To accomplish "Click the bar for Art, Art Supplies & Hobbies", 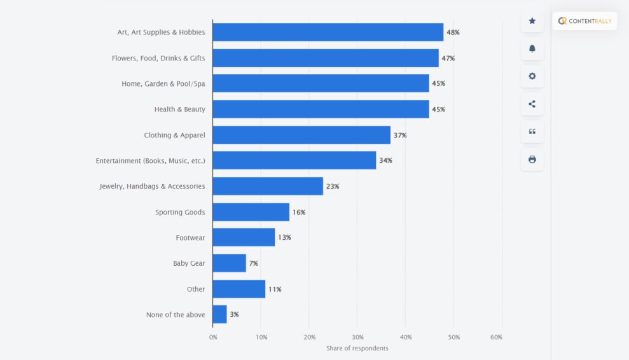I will point(328,32).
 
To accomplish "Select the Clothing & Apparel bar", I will point(301,135).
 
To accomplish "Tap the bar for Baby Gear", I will point(229,263).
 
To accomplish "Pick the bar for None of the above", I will point(219,314).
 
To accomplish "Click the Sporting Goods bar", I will point(251,212).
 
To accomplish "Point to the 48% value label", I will point(453,32).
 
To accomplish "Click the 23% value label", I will point(333,186).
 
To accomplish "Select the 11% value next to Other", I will point(275,289).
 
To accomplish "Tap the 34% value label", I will point(385,160).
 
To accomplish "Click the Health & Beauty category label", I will point(179,109).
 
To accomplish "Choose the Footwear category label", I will point(190,238).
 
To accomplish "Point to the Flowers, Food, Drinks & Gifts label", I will point(158,58).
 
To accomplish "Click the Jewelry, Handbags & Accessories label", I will point(152,186).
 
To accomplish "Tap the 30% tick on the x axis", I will point(357,337).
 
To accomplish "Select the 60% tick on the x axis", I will point(497,337).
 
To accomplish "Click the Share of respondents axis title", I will point(357,349).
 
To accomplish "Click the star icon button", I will point(532,21).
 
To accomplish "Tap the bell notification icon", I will point(532,49).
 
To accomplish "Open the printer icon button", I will point(532,159).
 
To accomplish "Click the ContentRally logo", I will point(584,21).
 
